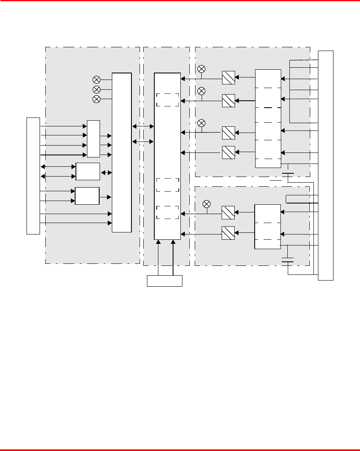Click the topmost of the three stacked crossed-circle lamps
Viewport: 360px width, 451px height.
[x=97, y=80]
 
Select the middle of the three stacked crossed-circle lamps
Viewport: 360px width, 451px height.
[x=97, y=89]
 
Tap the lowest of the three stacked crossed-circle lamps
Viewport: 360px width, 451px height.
[x=97, y=99]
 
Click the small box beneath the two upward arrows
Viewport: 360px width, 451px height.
[x=164, y=281]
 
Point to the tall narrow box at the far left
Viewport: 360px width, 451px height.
[x=33, y=176]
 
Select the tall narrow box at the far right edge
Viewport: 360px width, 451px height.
[x=326, y=165]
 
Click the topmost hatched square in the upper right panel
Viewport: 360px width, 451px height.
[x=228, y=78]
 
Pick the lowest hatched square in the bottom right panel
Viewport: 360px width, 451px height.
[x=228, y=232]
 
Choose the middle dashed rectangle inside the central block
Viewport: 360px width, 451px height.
[x=168, y=185]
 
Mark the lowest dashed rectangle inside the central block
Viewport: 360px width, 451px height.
[x=168, y=212]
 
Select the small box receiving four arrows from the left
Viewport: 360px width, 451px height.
[x=93, y=139]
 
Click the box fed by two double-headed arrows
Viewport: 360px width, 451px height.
[x=88, y=171]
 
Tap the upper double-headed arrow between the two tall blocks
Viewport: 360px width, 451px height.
[x=143, y=127]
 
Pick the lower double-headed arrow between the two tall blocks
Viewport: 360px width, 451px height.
[x=143, y=141]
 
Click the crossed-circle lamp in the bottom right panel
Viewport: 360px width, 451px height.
[x=207, y=203]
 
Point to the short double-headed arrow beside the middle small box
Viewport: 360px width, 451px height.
[x=106, y=172]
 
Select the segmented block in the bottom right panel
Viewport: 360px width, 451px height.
[x=267, y=227]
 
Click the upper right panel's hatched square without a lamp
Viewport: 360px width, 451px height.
[x=228, y=152]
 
